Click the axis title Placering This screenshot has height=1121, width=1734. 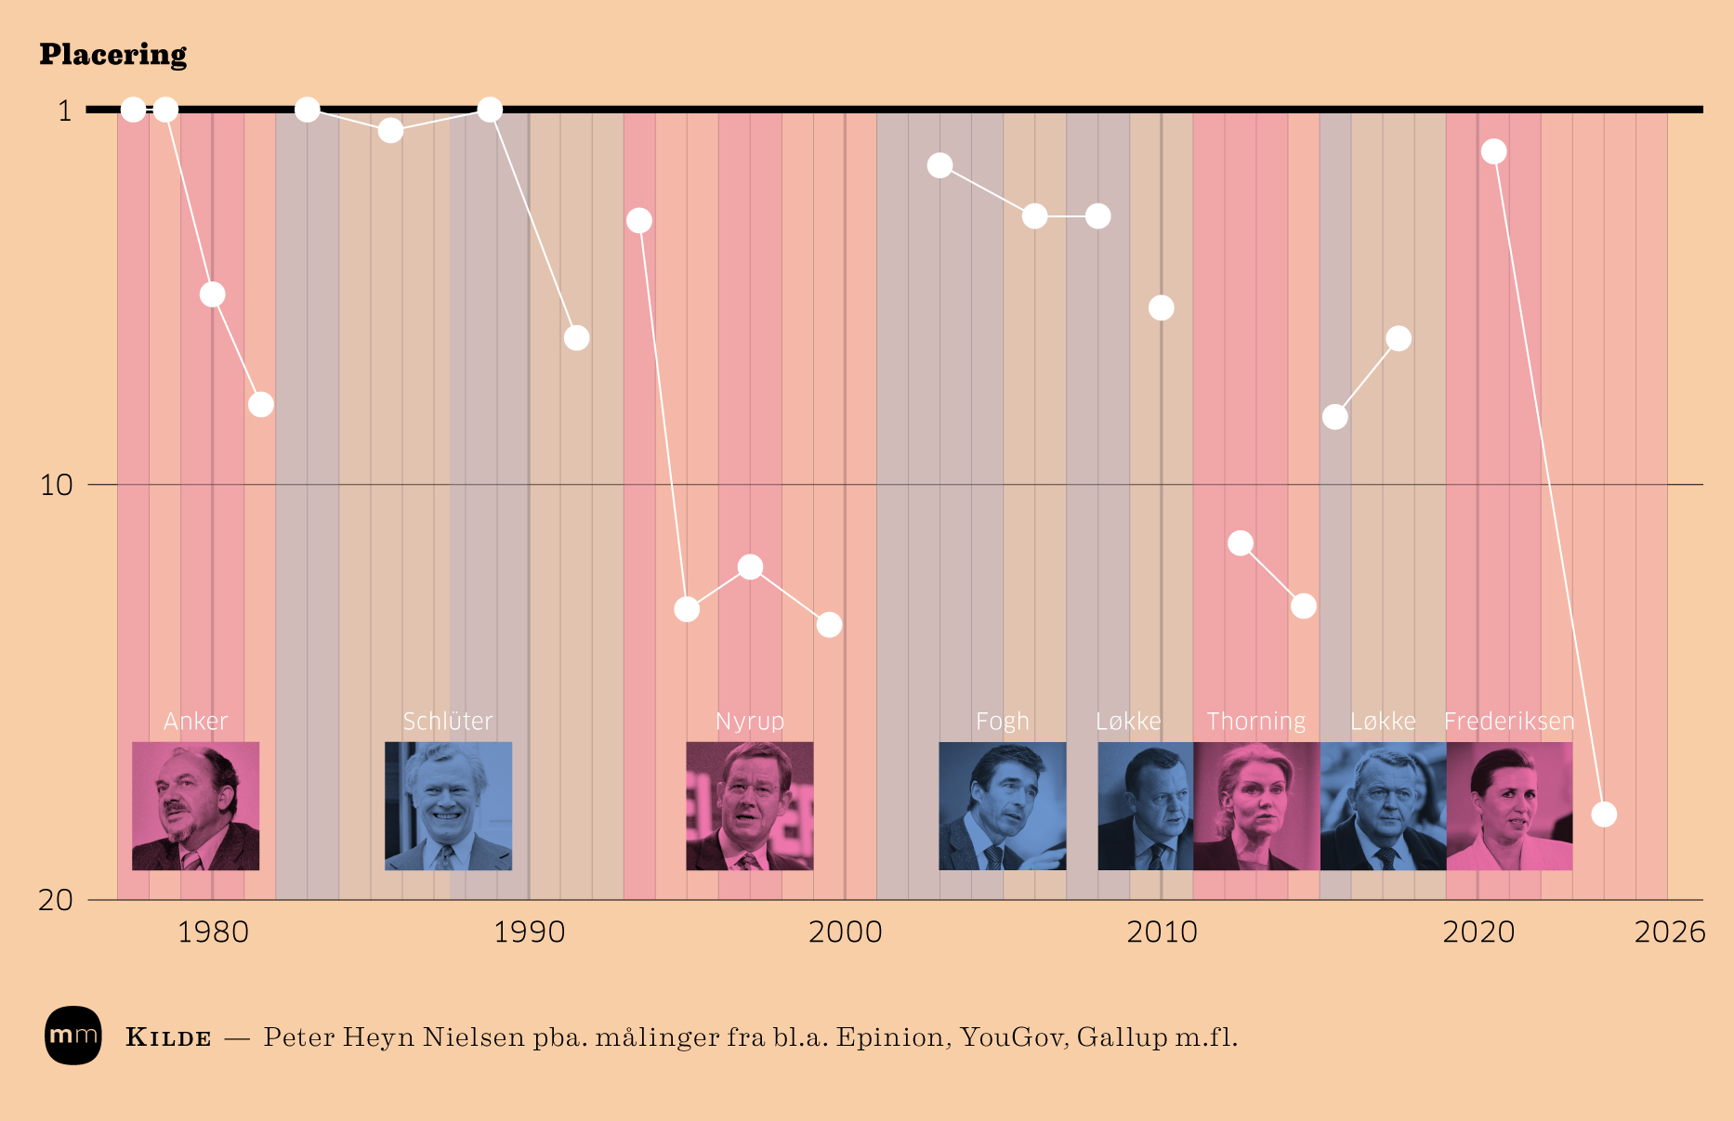tap(112, 55)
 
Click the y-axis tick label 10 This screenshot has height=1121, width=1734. tap(56, 485)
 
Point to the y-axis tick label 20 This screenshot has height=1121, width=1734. tap(56, 899)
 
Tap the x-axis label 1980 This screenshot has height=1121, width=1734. tap(213, 932)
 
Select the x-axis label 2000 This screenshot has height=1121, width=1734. tap(845, 932)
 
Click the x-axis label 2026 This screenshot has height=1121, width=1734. tap(1669, 932)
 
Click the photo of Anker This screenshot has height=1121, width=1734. tap(195, 805)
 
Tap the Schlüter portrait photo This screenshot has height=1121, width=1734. tap(448, 805)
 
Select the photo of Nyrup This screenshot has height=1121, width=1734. tap(749, 805)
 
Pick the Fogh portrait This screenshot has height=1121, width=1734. tap(1002, 805)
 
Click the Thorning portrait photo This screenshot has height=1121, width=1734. tap(1255, 805)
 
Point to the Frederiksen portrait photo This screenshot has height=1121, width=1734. tap(1509, 805)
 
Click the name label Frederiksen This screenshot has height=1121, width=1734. tap(1509, 721)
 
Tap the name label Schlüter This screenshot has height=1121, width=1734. tap(448, 721)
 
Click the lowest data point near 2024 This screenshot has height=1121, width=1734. tap(1604, 815)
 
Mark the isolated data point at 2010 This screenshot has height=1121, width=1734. tap(1161, 307)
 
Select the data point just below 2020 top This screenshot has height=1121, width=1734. tap(1493, 151)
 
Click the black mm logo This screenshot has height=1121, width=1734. tap(72, 1035)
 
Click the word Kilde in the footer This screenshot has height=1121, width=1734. tap(168, 1037)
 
